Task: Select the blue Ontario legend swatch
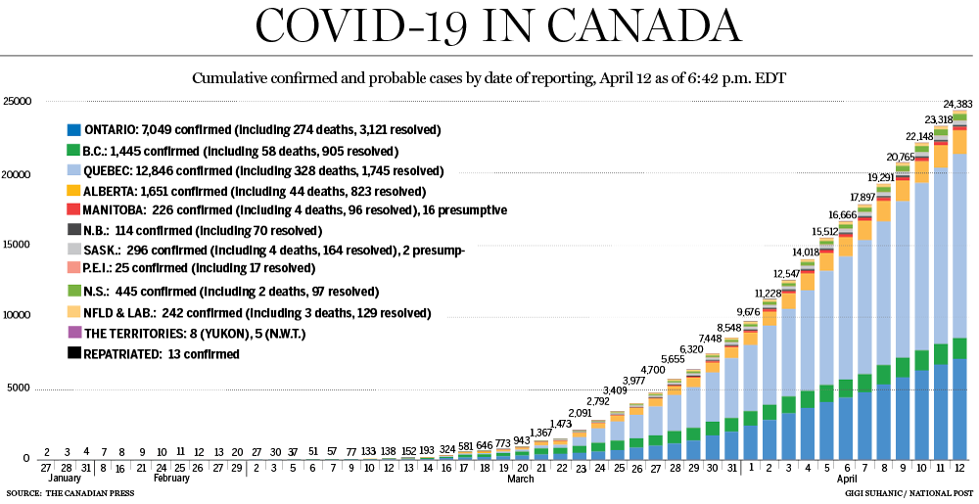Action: [73, 129]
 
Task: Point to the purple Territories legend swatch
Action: [73, 334]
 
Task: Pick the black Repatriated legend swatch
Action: [73, 354]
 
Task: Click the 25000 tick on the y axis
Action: [18, 101]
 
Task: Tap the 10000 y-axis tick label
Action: [18, 316]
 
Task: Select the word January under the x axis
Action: [64, 480]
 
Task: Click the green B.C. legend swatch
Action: [73, 151]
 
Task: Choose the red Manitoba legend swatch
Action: [73, 209]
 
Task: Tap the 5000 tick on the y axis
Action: [18, 388]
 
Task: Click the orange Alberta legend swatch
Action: [73, 190]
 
